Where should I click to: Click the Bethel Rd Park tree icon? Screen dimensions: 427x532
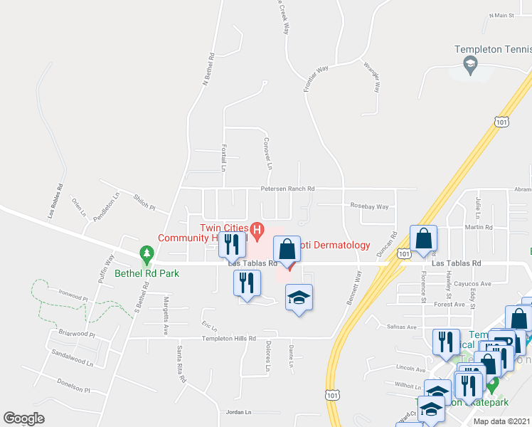[147, 253]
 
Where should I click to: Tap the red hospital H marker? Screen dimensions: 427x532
[257, 229]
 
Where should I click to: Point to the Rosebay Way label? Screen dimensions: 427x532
[369, 206]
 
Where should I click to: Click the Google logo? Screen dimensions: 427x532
[23, 418]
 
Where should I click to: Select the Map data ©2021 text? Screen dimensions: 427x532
[501, 421]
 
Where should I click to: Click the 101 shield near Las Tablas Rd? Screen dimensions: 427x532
[403, 253]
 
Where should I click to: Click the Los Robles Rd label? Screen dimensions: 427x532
[55, 201]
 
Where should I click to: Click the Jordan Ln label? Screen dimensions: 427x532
[239, 412]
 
